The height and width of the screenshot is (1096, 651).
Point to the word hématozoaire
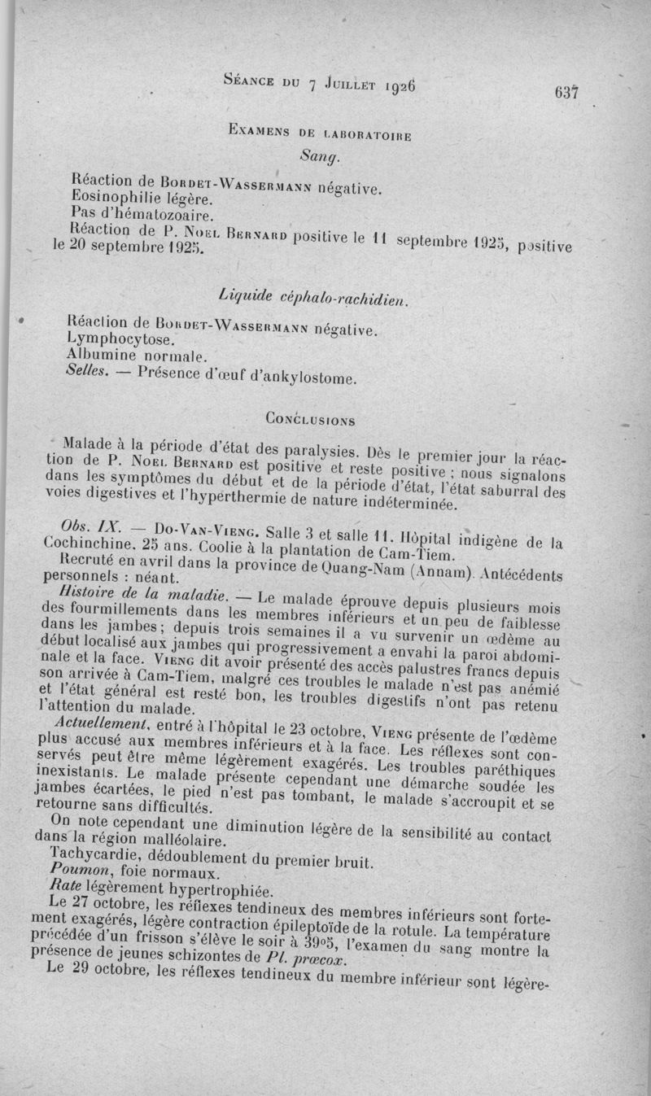(161, 215)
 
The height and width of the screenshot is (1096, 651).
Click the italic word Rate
(63, 888)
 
